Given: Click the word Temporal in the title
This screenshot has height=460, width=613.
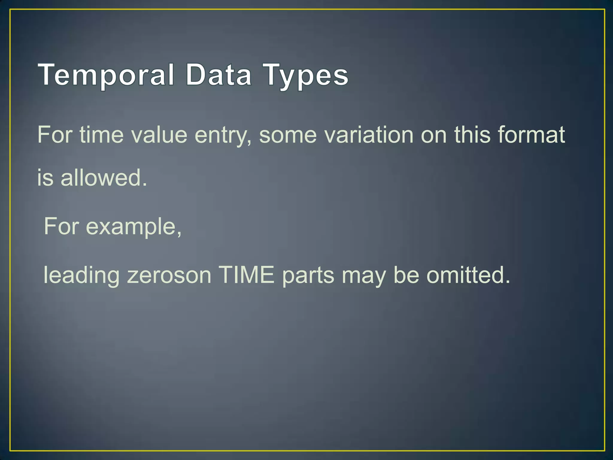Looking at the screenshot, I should [x=106, y=75].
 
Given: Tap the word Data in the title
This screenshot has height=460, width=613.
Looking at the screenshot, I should [x=218, y=75].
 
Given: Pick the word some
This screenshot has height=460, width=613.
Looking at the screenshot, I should [x=288, y=135].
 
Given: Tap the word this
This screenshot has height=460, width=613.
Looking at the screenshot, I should [x=472, y=135].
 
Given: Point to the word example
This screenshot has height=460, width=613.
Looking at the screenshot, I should [x=133, y=227].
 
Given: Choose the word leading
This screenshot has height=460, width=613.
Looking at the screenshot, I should [x=81, y=276].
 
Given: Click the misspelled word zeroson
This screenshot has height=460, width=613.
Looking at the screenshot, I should [x=169, y=276].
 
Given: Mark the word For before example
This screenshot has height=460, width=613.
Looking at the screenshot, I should [x=61, y=226].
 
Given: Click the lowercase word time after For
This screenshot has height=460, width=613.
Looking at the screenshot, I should [x=101, y=135].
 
